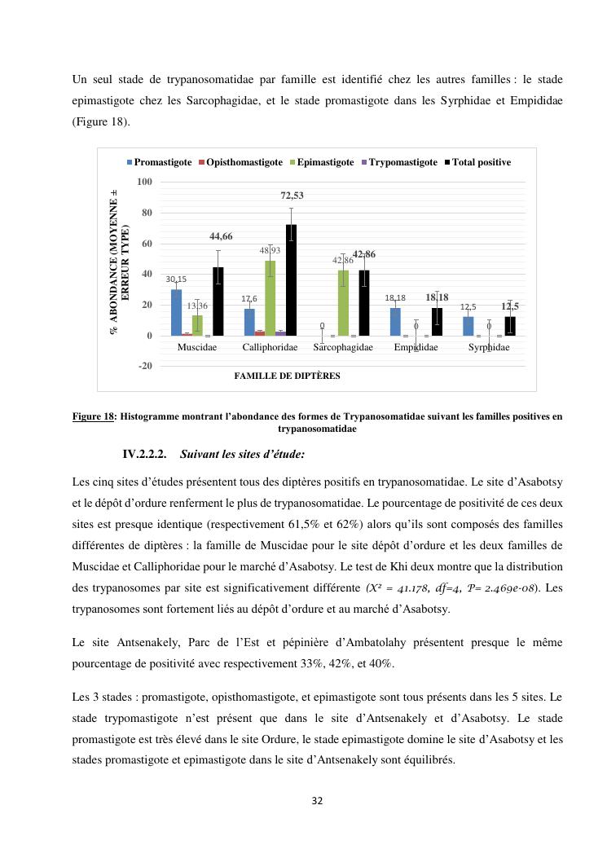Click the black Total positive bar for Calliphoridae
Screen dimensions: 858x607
point(291,279)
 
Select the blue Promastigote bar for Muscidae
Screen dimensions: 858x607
point(176,312)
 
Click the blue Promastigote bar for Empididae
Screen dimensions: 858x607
point(395,321)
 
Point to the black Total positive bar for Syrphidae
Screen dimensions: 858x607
point(510,326)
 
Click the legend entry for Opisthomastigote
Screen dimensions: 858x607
point(240,162)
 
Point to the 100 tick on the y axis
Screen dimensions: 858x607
point(143,181)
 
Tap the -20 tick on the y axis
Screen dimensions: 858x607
point(143,366)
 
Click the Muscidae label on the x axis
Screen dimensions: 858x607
point(197,347)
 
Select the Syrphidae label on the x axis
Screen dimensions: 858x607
point(489,347)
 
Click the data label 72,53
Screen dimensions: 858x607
point(293,196)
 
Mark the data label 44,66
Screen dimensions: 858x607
point(221,236)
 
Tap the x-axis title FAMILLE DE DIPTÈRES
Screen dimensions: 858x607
point(287,376)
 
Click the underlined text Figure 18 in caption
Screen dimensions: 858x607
point(93,416)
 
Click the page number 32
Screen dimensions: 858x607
point(318,801)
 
